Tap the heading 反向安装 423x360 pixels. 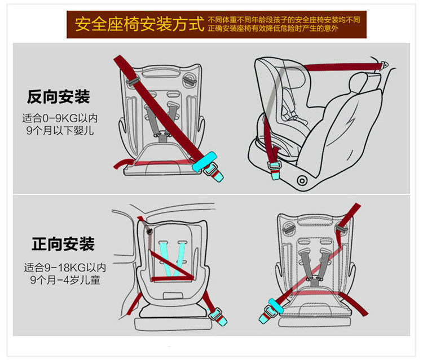[58, 96]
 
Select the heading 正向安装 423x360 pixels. [63, 245]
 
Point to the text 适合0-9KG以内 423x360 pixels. [60, 118]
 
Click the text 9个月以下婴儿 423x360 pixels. [60, 131]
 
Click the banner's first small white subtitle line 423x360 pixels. [287, 19]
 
